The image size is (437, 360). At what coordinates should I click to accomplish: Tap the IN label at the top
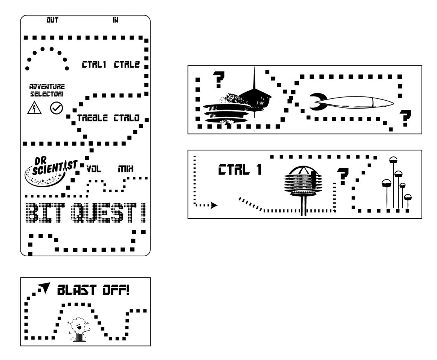point(116,20)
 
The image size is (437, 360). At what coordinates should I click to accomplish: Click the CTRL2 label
point(127,65)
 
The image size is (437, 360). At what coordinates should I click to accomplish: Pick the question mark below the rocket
point(405,118)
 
